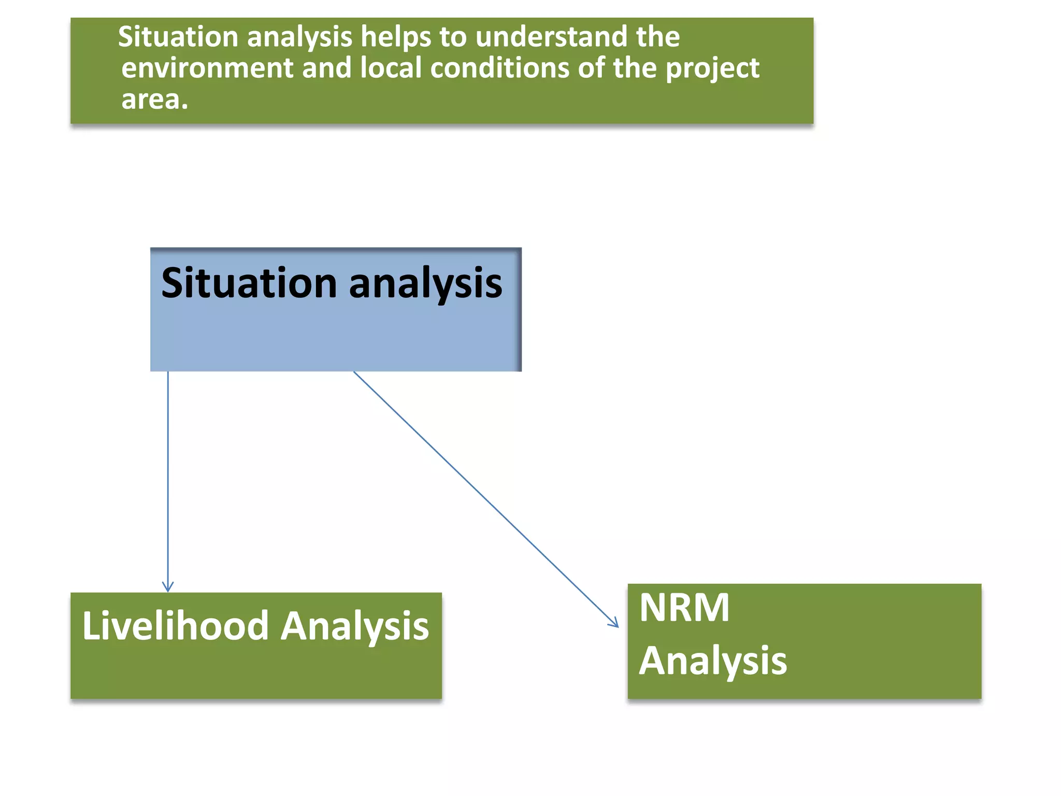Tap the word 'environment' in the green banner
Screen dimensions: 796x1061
pyautogui.click(x=207, y=68)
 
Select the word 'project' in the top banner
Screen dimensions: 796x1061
pyautogui.click(x=712, y=69)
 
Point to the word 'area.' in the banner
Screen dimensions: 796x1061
pyautogui.click(x=154, y=99)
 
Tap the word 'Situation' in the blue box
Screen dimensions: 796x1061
pyautogui.click(x=249, y=283)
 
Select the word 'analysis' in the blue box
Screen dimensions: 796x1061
pyautogui.click(x=425, y=284)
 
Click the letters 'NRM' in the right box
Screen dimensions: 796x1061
pyautogui.click(x=684, y=607)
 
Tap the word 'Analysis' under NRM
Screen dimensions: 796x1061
pyautogui.click(x=712, y=661)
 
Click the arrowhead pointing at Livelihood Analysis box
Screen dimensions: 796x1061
pyautogui.click(x=168, y=587)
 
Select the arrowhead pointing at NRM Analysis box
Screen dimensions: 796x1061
pyautogui.click(x=614, y=623)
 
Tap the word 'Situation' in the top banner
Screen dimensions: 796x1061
pyautogui.click(x=178, y=37)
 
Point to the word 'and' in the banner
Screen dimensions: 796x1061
pyautogui.click(x=326, y=68)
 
